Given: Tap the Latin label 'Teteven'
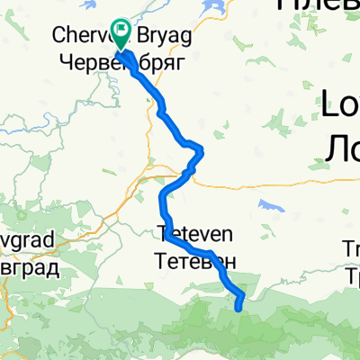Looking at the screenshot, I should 194,234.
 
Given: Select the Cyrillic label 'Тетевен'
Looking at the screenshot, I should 195,262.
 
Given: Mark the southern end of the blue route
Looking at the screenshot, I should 238,309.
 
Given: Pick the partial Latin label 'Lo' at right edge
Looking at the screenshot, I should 341,106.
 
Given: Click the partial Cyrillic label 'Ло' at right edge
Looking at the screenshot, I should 341,144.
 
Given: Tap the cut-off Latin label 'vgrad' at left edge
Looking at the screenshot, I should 27,241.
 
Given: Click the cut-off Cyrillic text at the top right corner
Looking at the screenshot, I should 319,4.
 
